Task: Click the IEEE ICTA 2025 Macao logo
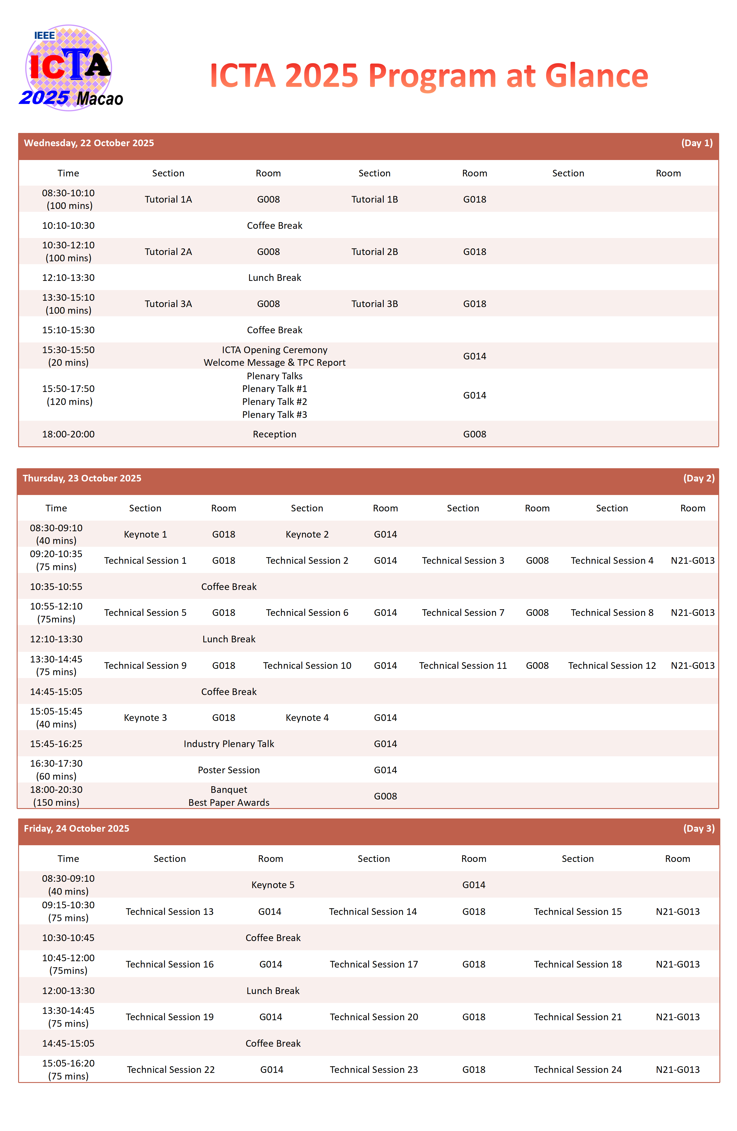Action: (x=70, y=68)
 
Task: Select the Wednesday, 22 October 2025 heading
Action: (x=89, y=143)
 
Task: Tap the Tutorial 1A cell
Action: (x=168, y=200)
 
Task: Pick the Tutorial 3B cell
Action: (x=374, y=304)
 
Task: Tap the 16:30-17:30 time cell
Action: (x=56, y=764)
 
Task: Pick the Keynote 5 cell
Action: (x=273, y=885)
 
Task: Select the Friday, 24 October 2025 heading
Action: (x=77, y=829)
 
